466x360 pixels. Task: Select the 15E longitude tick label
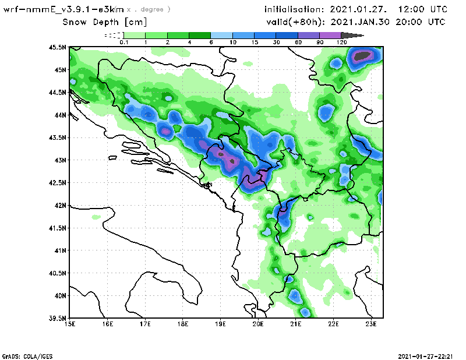pyautogui.click(x=70, y=324)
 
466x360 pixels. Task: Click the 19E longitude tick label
pyautogui.click(x=221, y=324)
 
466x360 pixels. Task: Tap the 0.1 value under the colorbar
pyautogui.click(x=123, y=43)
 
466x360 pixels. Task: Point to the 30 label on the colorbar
pyautogui.click(x=276, y=43)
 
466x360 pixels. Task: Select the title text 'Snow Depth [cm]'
pyautogui.click(x=105, y=22)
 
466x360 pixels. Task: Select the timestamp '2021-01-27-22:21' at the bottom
pyautogui.click(x=425, y=355)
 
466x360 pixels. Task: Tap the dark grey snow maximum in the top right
pyautogui.click(x=363, y=56)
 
